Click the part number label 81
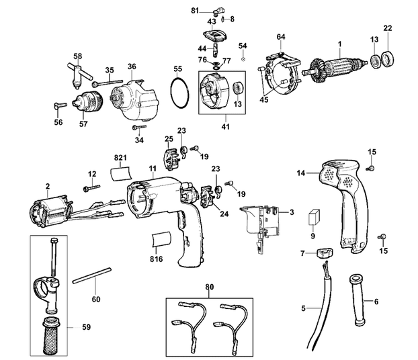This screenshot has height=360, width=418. coord(195,11)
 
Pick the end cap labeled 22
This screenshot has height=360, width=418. coord(387,59)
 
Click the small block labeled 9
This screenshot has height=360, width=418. coord(313,217)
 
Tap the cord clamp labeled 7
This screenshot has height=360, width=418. coord(325,253)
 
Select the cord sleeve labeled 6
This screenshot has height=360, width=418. coord(357,301)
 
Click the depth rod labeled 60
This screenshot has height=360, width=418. coord(91,275)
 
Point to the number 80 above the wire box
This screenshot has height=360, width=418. coord(210,287)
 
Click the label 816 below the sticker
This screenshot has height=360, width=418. coord(156,259)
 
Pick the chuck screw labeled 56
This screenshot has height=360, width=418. coord(60,106)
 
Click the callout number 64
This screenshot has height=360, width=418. coord(281,37)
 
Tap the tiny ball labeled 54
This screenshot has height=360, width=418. coord(243,58)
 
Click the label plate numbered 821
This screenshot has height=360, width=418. coord(121,174)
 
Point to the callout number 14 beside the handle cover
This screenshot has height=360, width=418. coord(301,173)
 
